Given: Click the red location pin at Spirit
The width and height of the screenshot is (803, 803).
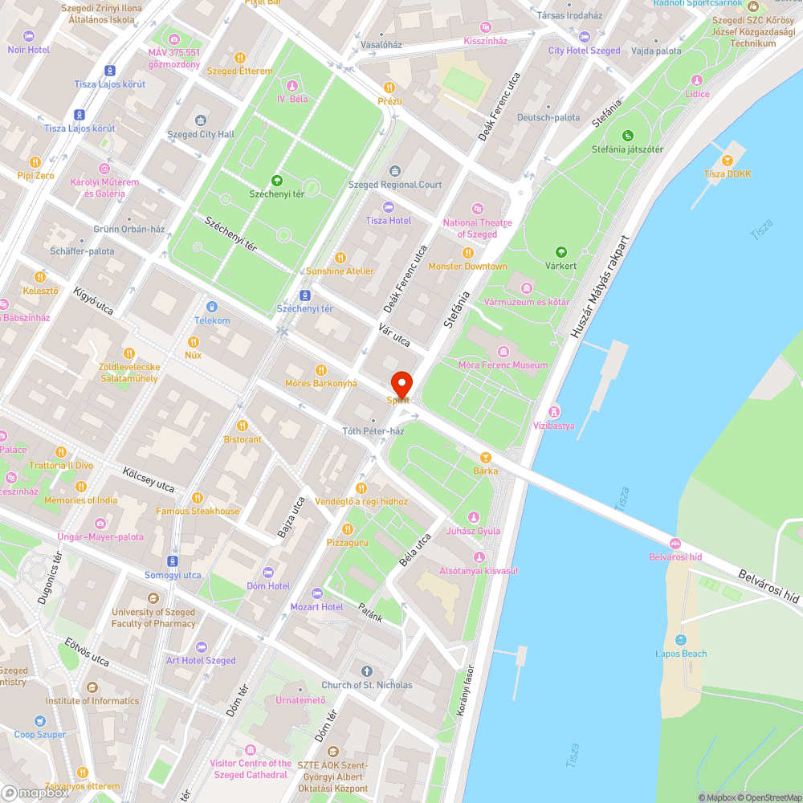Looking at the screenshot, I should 401,383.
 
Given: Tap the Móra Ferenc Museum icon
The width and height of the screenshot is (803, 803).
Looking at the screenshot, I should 503,352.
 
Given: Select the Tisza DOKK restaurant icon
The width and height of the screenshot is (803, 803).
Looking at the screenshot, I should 728,160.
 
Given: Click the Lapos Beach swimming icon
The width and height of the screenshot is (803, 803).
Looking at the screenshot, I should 681,640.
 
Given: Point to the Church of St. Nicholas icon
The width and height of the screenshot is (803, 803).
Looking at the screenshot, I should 367,671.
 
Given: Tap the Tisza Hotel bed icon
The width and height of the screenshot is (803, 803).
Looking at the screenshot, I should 389,207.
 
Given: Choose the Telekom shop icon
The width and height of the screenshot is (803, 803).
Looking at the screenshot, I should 211,307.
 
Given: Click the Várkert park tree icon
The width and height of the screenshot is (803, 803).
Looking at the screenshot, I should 560,251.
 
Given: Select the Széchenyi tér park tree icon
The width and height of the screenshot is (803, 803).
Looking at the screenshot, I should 277,181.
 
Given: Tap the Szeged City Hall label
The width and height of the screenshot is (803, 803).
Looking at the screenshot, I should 201,134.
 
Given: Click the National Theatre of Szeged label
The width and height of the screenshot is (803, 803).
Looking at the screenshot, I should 478,228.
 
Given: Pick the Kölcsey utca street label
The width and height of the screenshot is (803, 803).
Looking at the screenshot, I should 149,479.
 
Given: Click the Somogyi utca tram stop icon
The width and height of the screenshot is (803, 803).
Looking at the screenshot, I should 173,560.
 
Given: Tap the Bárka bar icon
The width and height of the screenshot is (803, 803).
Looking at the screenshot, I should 485,457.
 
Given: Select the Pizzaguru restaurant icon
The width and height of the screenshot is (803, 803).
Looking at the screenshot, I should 347,528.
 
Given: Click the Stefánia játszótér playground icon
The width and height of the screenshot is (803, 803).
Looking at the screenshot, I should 627,135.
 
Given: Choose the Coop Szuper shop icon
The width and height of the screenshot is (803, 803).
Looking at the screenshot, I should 40,721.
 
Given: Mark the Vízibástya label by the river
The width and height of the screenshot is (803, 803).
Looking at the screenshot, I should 554,426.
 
